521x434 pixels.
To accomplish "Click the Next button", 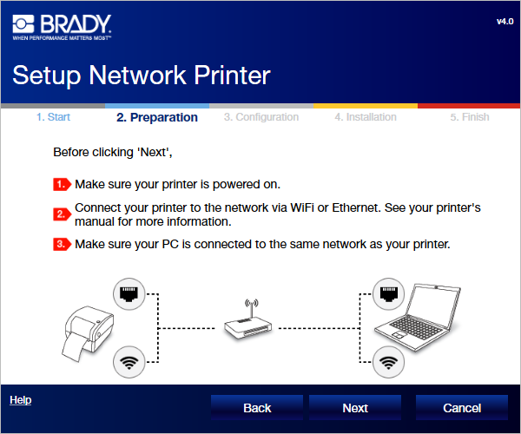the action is [x=355, y=407].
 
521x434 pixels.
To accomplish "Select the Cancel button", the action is [x=462, y=407].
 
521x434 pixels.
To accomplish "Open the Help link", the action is [x=21, y=400].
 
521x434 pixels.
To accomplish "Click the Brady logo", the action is [x=62, y=27].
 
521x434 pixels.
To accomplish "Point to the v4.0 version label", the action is [x=505, y=22].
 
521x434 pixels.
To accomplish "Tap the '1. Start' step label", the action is [x=53, y=117].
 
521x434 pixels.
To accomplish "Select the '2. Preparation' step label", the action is [x=157, y=117].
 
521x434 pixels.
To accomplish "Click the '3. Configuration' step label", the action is [x=261, y=117].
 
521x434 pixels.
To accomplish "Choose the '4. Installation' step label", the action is [x=366, y=117].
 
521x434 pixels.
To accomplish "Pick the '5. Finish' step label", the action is [x=470, y=117].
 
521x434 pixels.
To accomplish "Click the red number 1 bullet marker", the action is [x=63, y=184].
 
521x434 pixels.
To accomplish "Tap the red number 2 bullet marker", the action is [x=63, y=214].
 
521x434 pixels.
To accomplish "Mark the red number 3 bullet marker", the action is [x=63, y=244].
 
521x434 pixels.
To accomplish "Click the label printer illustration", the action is [x=88, y=333].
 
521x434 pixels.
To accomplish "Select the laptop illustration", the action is [x=418, y=317].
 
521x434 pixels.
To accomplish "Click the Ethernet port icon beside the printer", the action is [x=129, y=294].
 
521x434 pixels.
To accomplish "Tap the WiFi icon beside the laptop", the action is [x=388, y=362].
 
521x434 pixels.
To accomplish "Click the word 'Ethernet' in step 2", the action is [x=355, y=207].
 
